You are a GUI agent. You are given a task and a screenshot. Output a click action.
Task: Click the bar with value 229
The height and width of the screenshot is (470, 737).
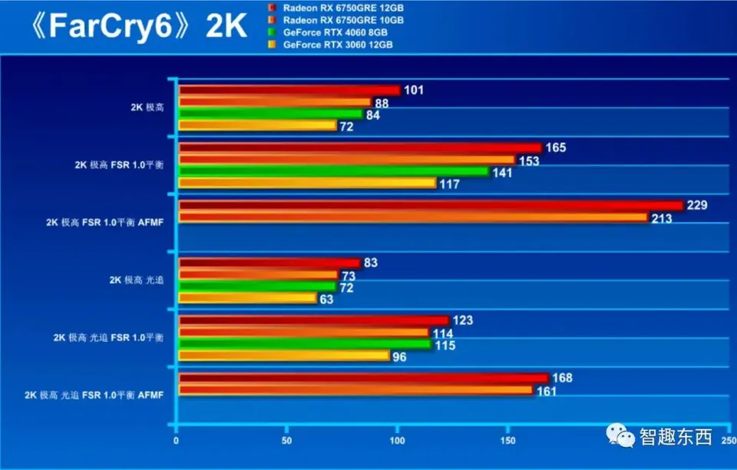click(430, 205)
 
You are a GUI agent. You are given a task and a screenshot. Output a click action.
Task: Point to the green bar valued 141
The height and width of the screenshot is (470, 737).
click(333, 171)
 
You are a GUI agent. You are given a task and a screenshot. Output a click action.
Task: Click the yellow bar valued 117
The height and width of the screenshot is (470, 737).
click(307, 183)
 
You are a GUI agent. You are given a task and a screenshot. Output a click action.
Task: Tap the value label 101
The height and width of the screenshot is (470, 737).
click(414, 91)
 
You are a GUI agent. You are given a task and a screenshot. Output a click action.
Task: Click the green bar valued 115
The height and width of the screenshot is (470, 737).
click(305, 345)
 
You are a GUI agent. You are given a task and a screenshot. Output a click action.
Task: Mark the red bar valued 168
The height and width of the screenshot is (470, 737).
click(363, 378)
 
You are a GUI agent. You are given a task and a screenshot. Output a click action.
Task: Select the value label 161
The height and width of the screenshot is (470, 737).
click(545, 391)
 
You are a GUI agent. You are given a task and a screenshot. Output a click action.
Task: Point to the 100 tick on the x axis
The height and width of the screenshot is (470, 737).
click(397, 441)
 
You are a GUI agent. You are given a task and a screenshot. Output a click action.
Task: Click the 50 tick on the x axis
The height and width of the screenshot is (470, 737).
click(287, 441)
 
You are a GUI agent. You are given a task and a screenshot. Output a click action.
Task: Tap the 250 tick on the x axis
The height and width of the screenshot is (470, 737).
click(726, 441)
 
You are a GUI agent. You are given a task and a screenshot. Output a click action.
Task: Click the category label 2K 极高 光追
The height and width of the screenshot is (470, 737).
click(136, 280)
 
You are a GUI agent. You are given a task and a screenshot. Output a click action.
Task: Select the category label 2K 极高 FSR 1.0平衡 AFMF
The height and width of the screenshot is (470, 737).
click(104, 223)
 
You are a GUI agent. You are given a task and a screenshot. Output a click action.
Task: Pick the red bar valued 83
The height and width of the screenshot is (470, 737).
click(269, 263)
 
